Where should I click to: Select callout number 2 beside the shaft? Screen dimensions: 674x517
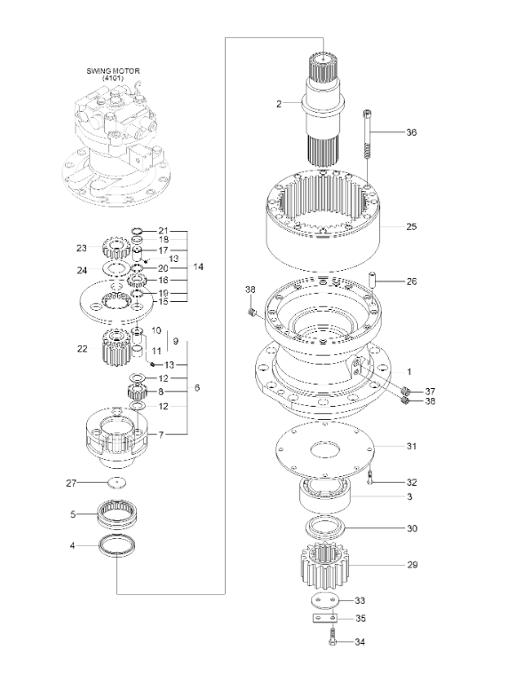279,104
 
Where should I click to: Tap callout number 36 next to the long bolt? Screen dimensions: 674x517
410,132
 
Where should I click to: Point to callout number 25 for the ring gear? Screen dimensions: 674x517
410,226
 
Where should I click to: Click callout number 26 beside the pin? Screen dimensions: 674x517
410,281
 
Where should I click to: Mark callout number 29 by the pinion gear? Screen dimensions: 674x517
410,564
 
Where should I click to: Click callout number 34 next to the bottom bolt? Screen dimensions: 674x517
360,641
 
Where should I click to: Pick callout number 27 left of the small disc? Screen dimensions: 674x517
72,483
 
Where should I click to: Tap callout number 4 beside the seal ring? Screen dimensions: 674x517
73,546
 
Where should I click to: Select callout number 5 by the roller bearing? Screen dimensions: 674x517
73,513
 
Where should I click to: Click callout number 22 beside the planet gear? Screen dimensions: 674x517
82,349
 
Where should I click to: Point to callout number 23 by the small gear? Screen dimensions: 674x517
81,248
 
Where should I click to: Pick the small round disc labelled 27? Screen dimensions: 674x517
115,482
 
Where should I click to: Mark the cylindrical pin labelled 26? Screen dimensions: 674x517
375,283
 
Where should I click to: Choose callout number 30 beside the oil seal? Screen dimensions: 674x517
410,528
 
